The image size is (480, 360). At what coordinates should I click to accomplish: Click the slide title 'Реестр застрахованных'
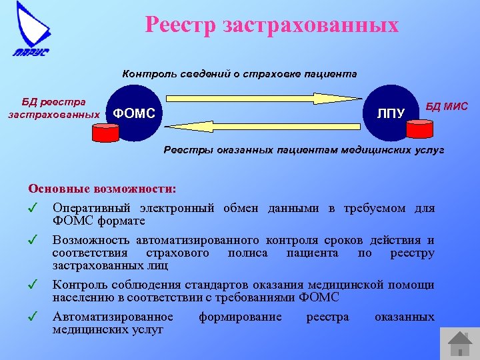[271, 25]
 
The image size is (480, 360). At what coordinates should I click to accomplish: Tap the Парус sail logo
[32, 30]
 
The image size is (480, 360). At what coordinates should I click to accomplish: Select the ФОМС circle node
[133, 113]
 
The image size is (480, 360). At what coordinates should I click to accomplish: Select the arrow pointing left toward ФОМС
[267, 126]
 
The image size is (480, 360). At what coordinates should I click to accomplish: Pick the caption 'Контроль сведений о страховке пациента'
[239, 74]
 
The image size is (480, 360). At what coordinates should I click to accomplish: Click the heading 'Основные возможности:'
[102, 189]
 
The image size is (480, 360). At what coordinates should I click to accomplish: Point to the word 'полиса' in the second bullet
[247, 253]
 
